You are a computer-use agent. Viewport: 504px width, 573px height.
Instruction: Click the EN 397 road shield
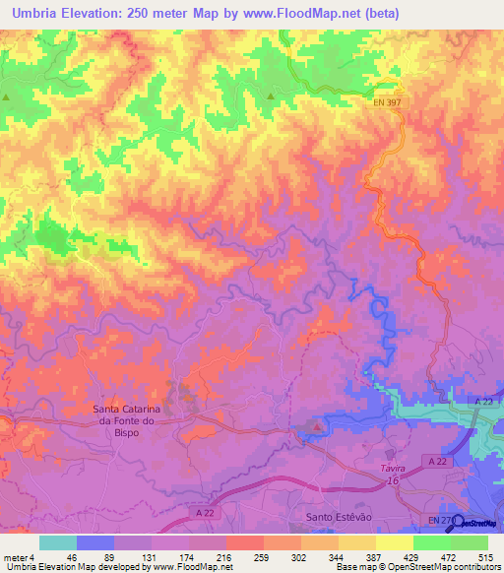point(387,101)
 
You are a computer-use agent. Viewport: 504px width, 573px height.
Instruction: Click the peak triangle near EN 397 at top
point(271,95)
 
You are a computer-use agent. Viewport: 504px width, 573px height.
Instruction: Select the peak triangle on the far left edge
point(6,96)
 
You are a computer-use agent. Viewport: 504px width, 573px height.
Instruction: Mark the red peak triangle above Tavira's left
point(315,427)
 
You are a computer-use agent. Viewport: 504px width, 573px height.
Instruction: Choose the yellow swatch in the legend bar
point(395,542)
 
